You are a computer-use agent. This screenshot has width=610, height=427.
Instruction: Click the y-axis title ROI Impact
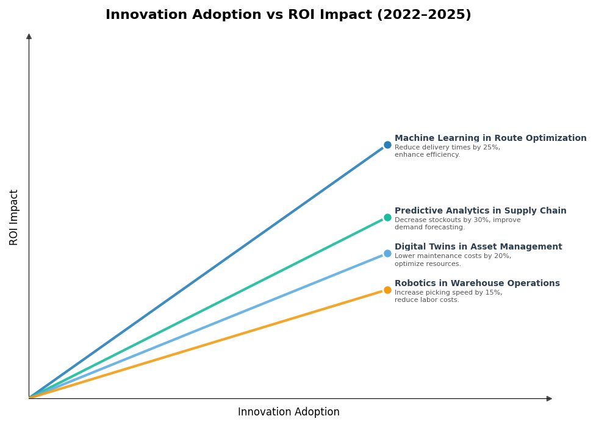[x=14, y=217]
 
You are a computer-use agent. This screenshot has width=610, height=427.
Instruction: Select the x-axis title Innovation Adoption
[x=289, y=412]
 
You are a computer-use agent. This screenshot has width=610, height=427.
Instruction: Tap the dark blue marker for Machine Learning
[x=387, y=145]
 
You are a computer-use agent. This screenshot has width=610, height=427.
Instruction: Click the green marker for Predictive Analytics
[x=387, y=218]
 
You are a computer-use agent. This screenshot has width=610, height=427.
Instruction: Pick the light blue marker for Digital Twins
[x=387, y=254]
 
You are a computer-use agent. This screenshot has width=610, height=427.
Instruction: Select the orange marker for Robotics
[x=387, y=290]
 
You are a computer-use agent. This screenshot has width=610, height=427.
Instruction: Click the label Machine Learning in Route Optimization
[x=490, y=138]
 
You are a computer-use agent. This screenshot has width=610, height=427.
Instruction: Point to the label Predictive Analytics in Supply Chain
[x=480, y=211]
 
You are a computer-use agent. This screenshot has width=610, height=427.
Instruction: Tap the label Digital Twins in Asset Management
[x=478, y=247]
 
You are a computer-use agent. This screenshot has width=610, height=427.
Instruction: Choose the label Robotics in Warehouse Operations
[x=477, y=284]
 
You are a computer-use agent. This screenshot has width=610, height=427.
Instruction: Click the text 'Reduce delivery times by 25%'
[x=447, y=148]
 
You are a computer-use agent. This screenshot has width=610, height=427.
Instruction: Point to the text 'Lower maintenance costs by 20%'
[x=453, y=256]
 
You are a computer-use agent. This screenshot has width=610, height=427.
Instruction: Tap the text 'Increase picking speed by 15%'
[x=448, y=293]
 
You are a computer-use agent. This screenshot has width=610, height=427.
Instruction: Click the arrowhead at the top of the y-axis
[x=29, y=37]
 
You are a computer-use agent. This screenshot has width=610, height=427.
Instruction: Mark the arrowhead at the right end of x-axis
[x=549, y=399]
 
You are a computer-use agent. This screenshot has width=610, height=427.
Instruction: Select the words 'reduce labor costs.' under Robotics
[x=426, y=300]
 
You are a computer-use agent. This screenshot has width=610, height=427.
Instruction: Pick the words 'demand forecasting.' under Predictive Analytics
[x=429, y=228]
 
